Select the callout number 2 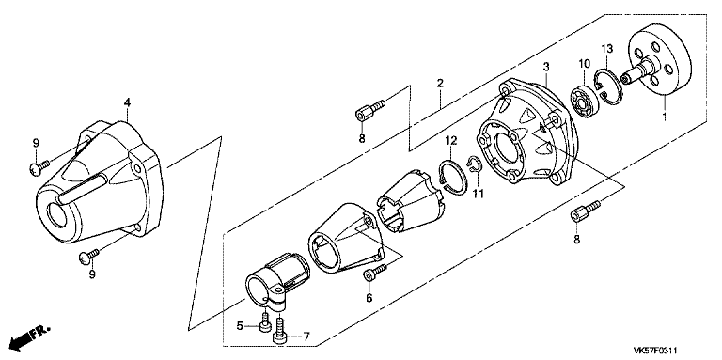(x=440, y=84)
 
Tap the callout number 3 (x=546, y=67)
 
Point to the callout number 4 (x=127, y=102)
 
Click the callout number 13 (x=607, y=48)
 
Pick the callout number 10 (x=585, y=63)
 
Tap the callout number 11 (x=479, y=194)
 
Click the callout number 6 (x=369, y=298)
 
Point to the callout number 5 (x=240, y=326)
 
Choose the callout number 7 (x=306, y=337)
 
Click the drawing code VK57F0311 (x=657, y=352)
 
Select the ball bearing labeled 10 (x=582, y=100)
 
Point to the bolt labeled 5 (x=265, y=321)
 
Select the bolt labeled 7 (x=279, y=329)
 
